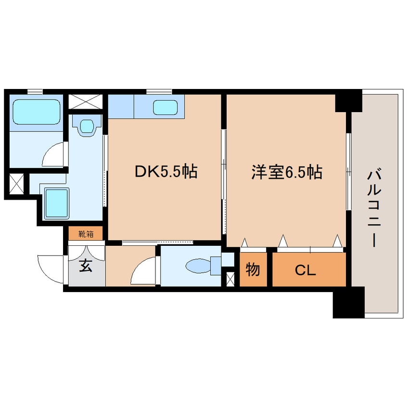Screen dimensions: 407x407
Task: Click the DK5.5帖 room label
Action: pyautogui.click(x=166, y=172)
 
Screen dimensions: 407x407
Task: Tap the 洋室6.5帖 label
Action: pyautogui.click(x=286, y=172)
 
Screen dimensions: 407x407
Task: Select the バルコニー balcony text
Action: pyautogui.click(x=373, y=206)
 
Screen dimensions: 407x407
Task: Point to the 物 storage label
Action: pyautogui.click(x=253, y=270)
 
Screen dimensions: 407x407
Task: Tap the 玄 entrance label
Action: pyautogui.click(x=86, y=266)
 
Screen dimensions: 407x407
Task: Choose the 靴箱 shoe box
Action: pyautogui.click(x=86, y=234)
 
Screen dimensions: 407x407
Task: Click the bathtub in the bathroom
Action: pyautogui.click(x=36, y=111)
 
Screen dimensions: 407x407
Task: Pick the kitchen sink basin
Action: pyautogui.click(x=166, y=107)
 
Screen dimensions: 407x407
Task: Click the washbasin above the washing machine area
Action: pyautogui.click(x=87, y=126)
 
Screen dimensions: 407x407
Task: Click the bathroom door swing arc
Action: pyautogui.click(x=52, y=154)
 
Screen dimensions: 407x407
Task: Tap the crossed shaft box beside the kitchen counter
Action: pyautogui.click(x=86, y=102)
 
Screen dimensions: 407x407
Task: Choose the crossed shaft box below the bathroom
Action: pyautogui.click(x=15, y=183)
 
